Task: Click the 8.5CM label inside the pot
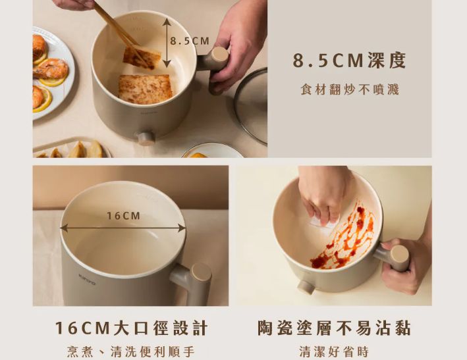tap(190, 41)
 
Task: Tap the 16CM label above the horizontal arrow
tap(123, 216)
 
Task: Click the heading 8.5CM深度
tap(350, 61)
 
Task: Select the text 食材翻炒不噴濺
tap(350, 90)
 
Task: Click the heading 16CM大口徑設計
tap(131, 328)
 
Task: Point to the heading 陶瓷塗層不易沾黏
tap(334, 328)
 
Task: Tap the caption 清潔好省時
tap(334, 351)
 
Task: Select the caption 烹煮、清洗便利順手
tap(131, 351)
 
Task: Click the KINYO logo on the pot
tap(87, 280)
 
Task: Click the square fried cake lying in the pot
tap(146, 90)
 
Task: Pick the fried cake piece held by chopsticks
tap(142, 58)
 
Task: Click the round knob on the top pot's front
tap(146, 138)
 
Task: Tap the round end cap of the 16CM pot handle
tap(202, 273)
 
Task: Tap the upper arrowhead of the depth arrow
tap(167, 22)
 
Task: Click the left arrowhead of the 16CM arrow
tap(64, 228)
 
